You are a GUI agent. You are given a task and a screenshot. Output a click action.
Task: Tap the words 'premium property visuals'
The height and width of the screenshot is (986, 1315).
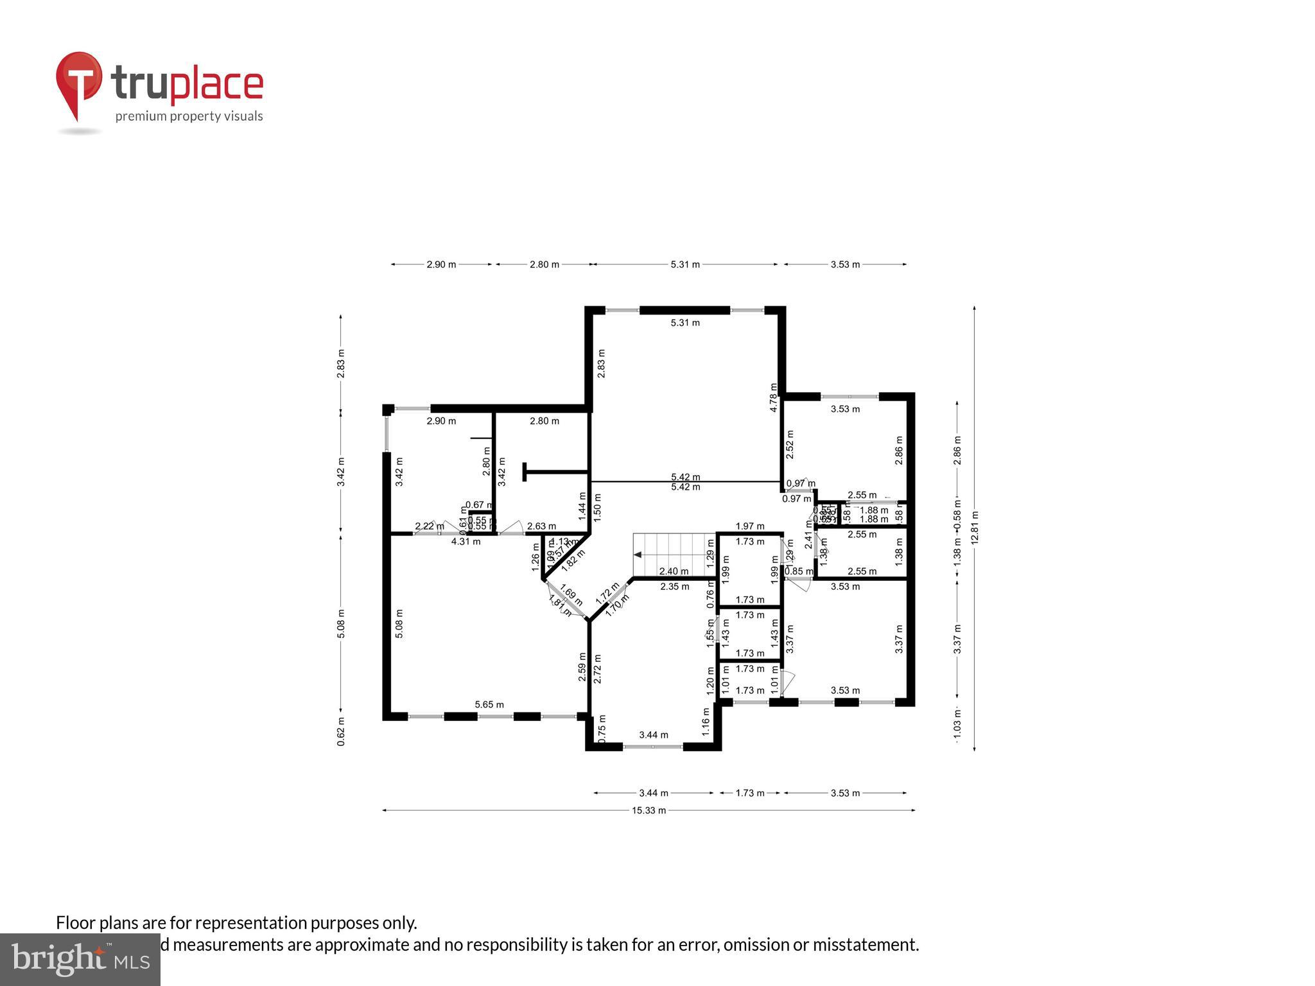click(x=189, y=116)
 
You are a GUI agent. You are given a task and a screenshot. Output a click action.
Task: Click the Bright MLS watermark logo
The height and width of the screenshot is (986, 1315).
click(x=80, y=959)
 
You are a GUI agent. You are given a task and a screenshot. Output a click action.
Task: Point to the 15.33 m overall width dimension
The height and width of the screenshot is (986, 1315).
click(x=649, y=810)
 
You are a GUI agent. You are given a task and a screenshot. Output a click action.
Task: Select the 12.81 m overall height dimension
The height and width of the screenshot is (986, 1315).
click(x=975, y=528)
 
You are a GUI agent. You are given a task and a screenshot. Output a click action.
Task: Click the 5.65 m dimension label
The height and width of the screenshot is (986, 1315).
click(x=489, y=704)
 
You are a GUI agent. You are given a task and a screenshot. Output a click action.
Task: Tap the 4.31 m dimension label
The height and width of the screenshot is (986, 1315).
click(x=466, y=541)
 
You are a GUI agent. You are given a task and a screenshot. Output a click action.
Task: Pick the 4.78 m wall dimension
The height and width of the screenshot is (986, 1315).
click(x=774, y=397)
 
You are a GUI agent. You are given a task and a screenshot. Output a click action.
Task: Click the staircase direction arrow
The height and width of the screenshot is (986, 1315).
click(x=638, y=555)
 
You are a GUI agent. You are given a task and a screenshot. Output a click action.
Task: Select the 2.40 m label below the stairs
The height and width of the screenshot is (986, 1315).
click(x=674, y=571)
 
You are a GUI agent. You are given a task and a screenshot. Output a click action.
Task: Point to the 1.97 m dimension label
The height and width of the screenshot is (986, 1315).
click(x=750, y=526)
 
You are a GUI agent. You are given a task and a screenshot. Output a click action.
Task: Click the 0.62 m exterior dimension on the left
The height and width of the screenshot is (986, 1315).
click(x=341, y=731)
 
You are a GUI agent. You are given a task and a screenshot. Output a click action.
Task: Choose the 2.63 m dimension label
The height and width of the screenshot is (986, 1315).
click(x=541, y=526)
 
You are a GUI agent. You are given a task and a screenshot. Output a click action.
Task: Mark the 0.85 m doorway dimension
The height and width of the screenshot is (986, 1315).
click(x=799, y=571)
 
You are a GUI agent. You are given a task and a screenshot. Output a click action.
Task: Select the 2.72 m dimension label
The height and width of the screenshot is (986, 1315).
click(x=597, y=669)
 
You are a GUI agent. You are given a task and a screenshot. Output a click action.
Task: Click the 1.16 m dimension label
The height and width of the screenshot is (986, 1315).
click(x=706, y=721)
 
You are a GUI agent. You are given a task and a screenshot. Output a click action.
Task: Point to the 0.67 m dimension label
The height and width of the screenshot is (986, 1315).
click(x=478, y=505)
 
